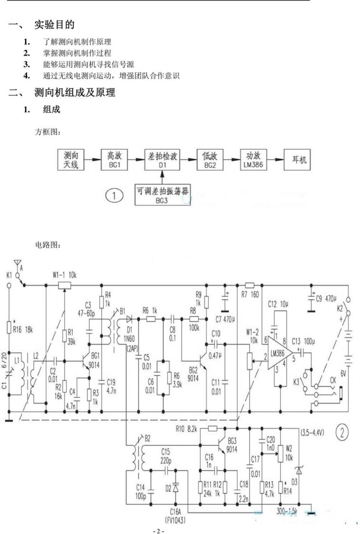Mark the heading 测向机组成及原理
pos(75,92)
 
